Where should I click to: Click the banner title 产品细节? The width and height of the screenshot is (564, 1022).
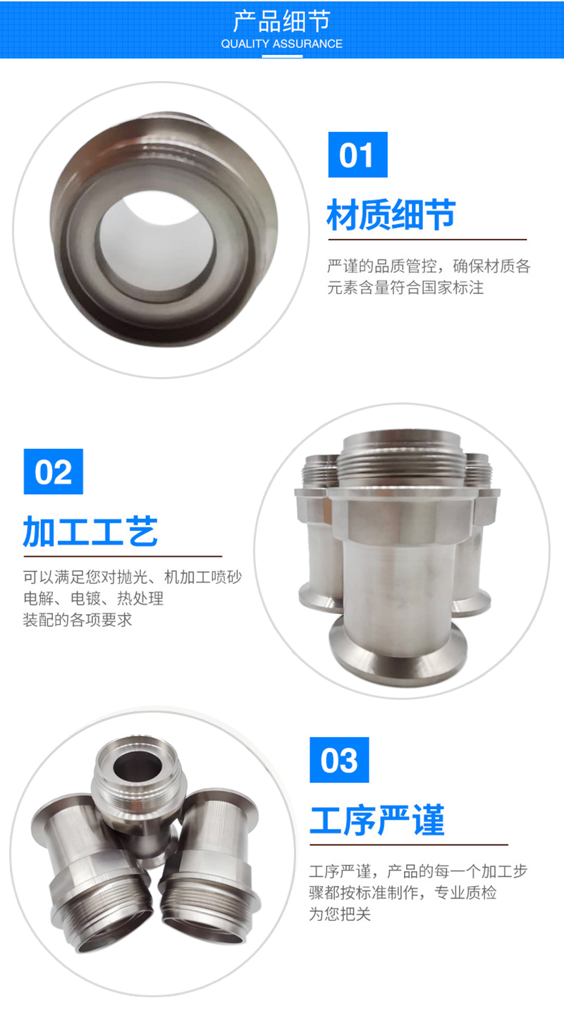[281, 21]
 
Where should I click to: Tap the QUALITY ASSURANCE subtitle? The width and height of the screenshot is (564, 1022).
[281, 44]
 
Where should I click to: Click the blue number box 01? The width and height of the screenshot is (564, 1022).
[357, 154]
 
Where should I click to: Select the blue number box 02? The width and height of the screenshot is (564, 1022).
[54, 472]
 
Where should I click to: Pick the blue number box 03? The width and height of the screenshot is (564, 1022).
[339, 760]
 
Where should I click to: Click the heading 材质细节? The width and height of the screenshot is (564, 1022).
[391, 214]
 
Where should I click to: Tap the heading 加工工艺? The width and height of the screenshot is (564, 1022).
[90, 531]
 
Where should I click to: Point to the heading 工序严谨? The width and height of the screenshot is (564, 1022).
[377, 820]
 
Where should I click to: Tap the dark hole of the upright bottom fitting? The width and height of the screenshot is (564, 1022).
[137, 765]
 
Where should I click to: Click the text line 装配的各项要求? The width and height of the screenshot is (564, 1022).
[78, 620]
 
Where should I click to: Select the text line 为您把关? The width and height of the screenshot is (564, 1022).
[340, 914]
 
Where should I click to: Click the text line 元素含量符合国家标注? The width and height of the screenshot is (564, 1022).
[405, 288]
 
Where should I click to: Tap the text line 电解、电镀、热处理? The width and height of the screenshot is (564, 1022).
[93, 598]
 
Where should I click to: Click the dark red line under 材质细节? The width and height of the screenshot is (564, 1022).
[427, 239]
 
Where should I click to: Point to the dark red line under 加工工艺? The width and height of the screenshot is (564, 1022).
[123, 556]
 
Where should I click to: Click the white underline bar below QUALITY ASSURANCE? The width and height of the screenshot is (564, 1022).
[282, 56]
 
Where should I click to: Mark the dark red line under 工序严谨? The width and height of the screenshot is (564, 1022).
[409, 844]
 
